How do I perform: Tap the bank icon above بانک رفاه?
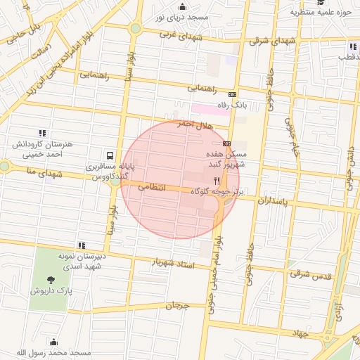pos(233,94)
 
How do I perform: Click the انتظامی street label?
pos(152,187)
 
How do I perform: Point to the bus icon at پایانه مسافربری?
pos(110,155)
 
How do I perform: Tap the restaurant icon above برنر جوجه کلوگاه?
pos(217,180)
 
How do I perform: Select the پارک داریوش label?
pos(49,288)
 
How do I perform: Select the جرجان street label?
pos(178,307)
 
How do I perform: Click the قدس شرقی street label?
pos(310,274)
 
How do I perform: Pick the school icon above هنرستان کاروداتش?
pos(43,132)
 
